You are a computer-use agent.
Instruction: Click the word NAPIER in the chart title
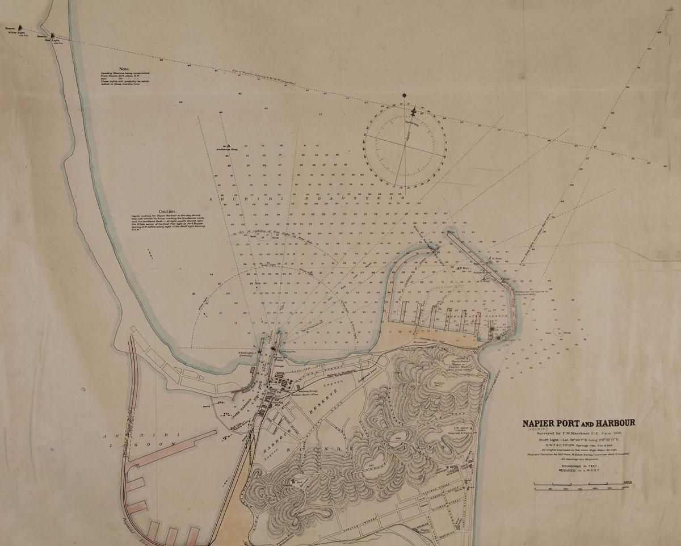point(541,423)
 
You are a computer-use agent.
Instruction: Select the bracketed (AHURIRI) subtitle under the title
point(537,430)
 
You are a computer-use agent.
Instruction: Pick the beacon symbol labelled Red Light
point(53,36)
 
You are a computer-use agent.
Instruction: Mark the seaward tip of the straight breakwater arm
point(449,233)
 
